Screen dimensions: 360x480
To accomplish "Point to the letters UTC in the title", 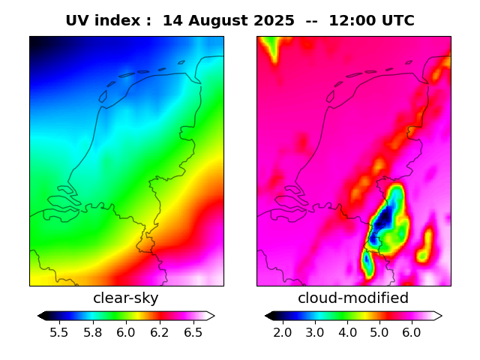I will coord(397,21).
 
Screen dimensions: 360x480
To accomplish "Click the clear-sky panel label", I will coord(126,298).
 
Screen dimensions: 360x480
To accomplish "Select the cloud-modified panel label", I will coord(353,298).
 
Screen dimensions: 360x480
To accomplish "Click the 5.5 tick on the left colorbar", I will coord(59,331).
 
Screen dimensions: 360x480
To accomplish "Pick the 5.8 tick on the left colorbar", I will coord(93,331).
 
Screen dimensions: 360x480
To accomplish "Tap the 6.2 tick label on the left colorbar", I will coord(159,331).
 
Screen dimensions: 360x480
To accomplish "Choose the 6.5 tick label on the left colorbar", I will coord(193,331).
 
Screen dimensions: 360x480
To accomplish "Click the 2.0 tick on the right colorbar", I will coord(283,331).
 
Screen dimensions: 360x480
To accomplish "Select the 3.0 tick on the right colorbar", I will coord(315,331).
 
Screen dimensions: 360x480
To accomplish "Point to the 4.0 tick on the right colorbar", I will coord(347,331).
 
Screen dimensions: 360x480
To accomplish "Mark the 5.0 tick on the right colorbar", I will coord(379,331).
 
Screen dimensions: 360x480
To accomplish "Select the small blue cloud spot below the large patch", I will coord(367,262).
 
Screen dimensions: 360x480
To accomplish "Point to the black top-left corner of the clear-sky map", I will coord(32,38).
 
